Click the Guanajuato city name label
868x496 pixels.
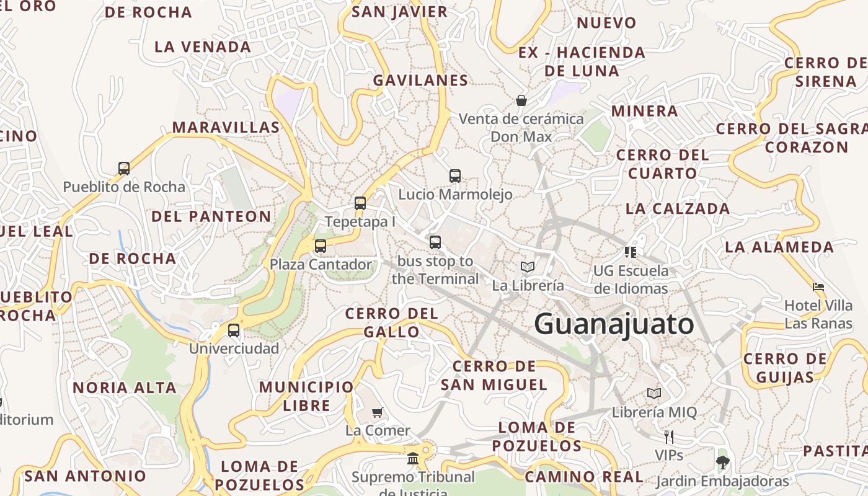pyautogui.click(x=614, y=324)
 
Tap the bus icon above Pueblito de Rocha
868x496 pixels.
pyautogui.click(x=124, y=168)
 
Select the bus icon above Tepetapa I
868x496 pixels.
pyautogui.click(x=360, y=203)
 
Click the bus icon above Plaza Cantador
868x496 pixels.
pyautogui.click(x=321, y=246)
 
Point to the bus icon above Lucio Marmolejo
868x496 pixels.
pyautogui.click(x=455, y=175)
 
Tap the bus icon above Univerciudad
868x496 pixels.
pyautogui.click(x=234, y=330)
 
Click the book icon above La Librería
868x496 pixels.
pyautogui.click(x=528, y=267)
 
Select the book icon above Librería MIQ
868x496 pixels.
pyautogui.click(x=654, y=393)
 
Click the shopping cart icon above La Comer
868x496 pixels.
pyautogui.click(x=377, y=412)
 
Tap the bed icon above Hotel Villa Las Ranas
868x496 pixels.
pyautogui.click(x=818, y=287)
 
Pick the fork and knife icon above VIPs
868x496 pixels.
pyautogui.click(x=668, y=436)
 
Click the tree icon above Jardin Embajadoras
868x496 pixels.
pyautogui.click(x=722, y=462)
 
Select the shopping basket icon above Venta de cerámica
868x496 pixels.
pyautogui.click(x=521, y=100)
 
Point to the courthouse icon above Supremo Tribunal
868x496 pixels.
pyautogui.click(x=413, y=458)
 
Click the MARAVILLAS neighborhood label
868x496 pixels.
pyautogui.click(x=226, y=127)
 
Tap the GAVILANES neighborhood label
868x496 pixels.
pyautogui.click(x=420, y=80)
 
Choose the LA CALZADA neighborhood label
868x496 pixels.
pyautogui.click(x=677, y=208)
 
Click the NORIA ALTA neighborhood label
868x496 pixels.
pyautogui.click(x=125, y=387)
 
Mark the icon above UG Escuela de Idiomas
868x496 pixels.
pyautogui.click(x=631, y=252)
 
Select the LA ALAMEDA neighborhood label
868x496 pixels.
pyautogui.click(x=779, y=247)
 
